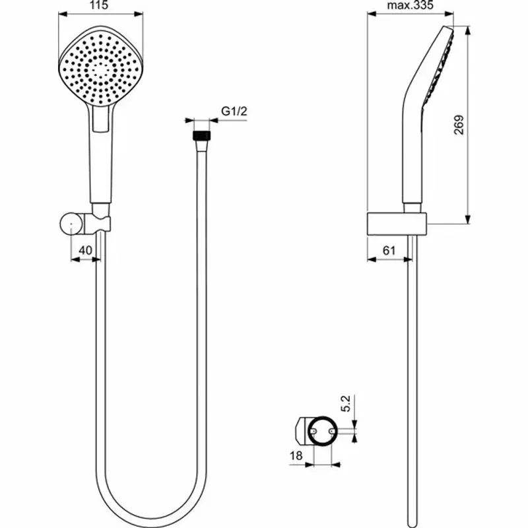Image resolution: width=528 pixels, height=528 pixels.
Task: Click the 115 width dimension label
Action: (x=98, y=5)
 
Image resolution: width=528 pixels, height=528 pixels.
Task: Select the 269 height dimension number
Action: (x=459, y=125)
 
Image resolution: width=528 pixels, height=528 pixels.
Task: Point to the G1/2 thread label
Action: (x=233, y=112)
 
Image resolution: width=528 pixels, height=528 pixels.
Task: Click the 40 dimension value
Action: (x=85, y=250)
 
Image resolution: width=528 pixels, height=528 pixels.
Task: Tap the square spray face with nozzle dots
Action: (x=99, y=71)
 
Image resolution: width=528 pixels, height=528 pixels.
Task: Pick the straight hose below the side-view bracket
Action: (x=412, y=370)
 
